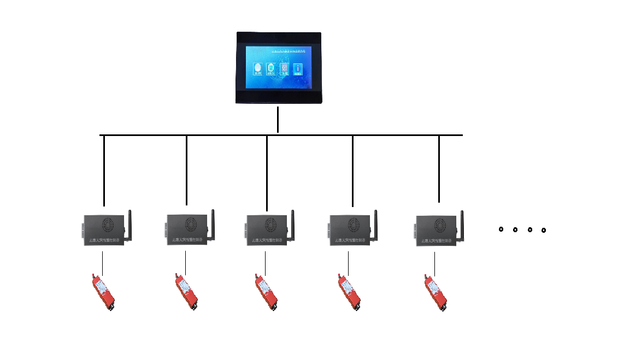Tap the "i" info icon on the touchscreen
coord(298,68)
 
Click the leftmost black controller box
coord(104,230)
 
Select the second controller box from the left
coord(187,230)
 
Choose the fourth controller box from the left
coord(351,230)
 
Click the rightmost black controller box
coord(438,230)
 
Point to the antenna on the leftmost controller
coord(130,224)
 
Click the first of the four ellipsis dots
coord(501,229)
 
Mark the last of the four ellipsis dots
coord(544,231)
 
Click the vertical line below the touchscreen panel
coord(278,119)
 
